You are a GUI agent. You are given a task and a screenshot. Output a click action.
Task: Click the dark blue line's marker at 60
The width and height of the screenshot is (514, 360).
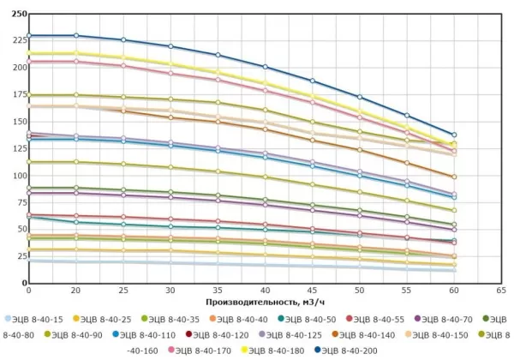pos(478,135)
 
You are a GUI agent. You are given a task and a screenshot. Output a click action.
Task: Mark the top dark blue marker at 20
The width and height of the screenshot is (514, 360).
pos(76,35)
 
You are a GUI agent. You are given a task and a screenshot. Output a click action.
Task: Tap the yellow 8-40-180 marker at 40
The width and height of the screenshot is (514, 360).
pos(266,83)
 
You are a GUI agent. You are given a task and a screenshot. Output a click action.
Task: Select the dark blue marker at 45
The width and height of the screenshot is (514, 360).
pos(313,81)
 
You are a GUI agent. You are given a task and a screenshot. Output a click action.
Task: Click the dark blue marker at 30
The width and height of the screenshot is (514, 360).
pos(170,46)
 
